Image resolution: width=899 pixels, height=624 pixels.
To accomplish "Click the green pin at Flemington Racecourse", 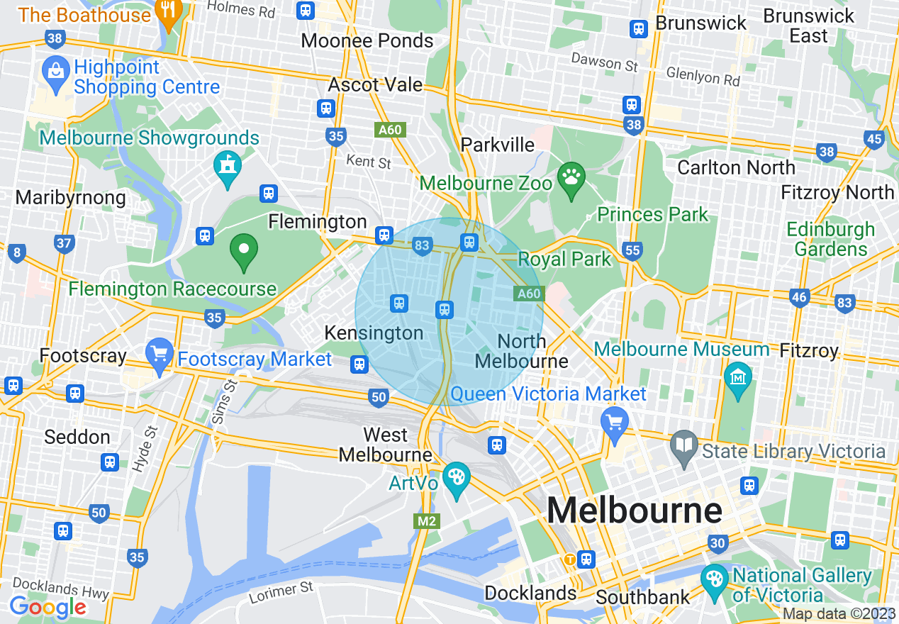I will point(244,250).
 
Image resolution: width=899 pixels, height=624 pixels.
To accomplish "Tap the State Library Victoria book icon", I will point(684,446).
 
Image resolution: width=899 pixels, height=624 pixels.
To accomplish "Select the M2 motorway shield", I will point(426,521).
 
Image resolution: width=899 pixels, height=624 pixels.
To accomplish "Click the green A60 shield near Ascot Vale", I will point(389,130).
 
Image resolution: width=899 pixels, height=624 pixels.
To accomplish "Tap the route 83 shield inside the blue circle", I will point(422,246).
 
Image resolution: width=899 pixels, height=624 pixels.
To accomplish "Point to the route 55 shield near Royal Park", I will point(632,250).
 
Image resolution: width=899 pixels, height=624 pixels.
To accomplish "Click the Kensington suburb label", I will point(374,333).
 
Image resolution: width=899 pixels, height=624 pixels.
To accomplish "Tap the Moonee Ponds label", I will point(367,40).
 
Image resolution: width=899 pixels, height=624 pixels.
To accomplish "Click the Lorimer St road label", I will point(281,592).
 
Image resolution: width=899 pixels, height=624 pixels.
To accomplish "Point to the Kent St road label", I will point(369,162).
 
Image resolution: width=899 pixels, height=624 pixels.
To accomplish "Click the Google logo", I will point(48,607).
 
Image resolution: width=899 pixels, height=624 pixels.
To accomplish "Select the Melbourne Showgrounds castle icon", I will point(228,166).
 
